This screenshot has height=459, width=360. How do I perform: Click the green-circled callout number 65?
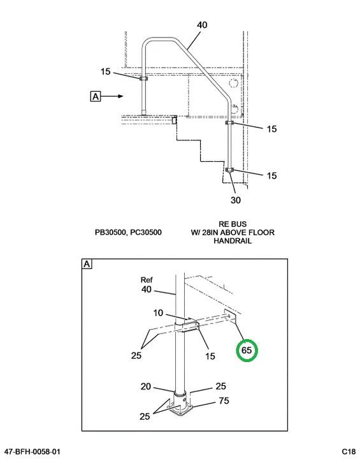[x=247, y=350]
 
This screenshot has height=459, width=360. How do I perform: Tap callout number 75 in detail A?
[x=224, y=400]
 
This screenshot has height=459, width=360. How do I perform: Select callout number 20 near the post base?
[x=146, y=386]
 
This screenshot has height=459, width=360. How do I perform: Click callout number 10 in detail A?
[x=158, y=313]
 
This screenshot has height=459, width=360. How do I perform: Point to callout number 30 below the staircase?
[x=236, y=200]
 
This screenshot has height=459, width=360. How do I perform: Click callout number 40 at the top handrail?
[x=202, y=25]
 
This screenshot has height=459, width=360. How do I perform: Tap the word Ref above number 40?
[x=147, y=280]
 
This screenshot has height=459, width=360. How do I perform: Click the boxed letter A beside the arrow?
[x=96, y=96]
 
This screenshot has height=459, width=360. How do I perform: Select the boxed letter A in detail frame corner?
[x=87, y=264]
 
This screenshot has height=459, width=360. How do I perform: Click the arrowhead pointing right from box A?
[x=120, y=96]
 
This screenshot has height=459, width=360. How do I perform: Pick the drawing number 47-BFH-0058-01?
[x=32, y=451]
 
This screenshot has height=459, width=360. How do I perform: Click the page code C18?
[x=349, y=451]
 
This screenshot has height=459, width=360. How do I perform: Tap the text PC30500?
[x=146, y=233]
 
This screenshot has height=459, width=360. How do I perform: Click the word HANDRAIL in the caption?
[x=233, y=241]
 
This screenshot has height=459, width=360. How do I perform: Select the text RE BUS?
[x=233, y=224]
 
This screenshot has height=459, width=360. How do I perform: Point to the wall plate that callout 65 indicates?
[x=230, y=316]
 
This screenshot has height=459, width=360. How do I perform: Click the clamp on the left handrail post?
[x=143, y=78]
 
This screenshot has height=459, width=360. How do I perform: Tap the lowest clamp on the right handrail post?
[x=230, y=170]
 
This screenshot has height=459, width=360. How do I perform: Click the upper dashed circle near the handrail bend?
[x=233, y=84]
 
